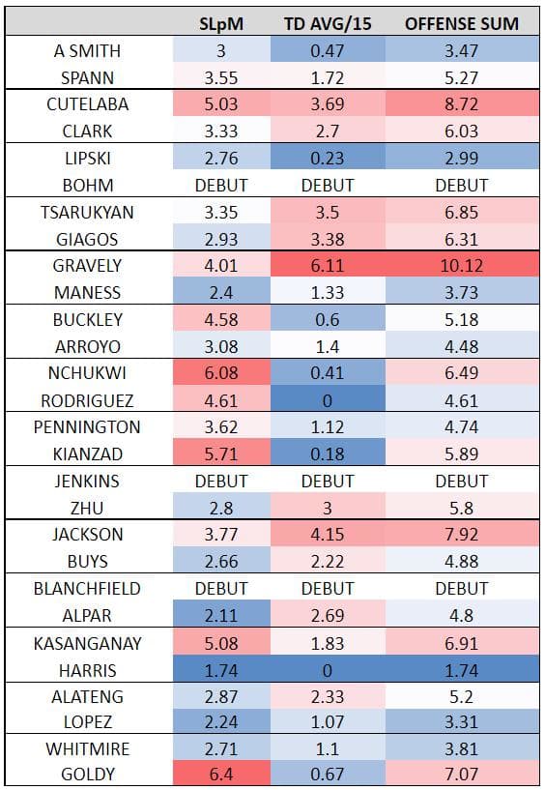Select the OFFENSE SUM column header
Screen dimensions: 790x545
pos(460,23)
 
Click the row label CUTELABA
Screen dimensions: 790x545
pos(87,103)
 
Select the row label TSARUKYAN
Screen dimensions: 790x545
pos(87,211)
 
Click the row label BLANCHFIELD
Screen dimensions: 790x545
pos(87,587)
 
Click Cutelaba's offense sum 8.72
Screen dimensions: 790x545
pos(460,103)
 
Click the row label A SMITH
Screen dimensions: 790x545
pos(87,50)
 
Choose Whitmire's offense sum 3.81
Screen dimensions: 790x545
pos(460,747)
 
